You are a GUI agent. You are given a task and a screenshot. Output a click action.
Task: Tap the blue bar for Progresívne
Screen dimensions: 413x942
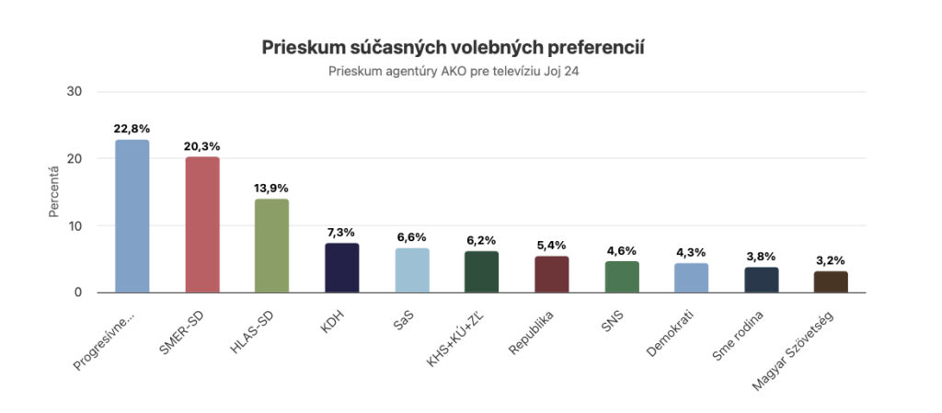[132, 216]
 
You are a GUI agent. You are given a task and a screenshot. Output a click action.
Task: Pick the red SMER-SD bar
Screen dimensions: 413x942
[202, 224]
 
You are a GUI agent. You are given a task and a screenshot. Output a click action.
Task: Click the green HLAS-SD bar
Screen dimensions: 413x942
[271, 246]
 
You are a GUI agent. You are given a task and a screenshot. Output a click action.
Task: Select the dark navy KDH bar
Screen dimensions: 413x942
[342, 268]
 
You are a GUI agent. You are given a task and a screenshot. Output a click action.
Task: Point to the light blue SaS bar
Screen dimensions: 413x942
[412, 270]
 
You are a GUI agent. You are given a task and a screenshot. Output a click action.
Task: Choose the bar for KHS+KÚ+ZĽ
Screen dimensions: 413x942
[482, 271]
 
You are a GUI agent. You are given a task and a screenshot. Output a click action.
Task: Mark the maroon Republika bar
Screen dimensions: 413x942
[552, 274]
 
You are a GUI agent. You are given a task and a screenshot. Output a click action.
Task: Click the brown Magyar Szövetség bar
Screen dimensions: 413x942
[831, 281]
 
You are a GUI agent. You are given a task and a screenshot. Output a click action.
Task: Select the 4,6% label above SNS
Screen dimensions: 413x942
[622, 251]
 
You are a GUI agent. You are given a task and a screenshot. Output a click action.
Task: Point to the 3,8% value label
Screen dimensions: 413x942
[762, 257]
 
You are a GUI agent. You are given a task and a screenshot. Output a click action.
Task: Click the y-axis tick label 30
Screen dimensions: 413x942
[75, 91]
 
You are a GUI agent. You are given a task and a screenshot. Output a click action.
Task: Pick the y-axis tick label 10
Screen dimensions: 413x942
[75, 225]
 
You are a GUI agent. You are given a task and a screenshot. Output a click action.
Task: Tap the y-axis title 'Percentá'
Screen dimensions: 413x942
[54, 191]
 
